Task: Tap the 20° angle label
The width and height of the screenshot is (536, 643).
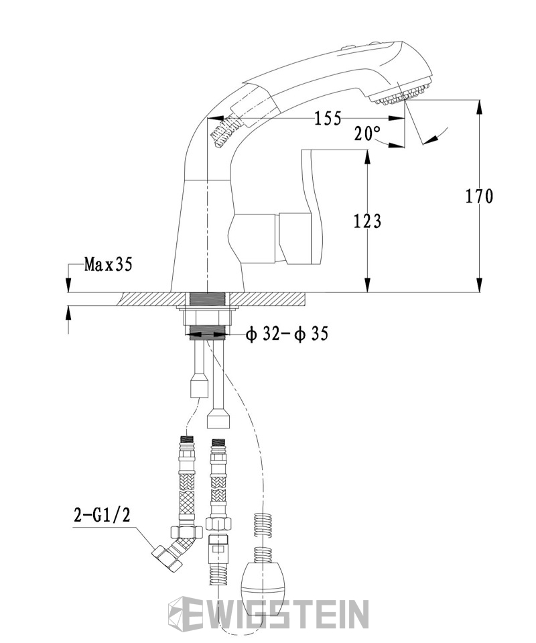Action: (368, 133)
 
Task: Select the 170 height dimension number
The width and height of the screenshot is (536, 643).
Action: (480, 196)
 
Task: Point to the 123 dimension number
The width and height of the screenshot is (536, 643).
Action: (368, 221)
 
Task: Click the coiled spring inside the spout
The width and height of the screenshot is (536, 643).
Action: (224, 130)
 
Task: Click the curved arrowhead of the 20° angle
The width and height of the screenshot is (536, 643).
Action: (429, 139)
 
